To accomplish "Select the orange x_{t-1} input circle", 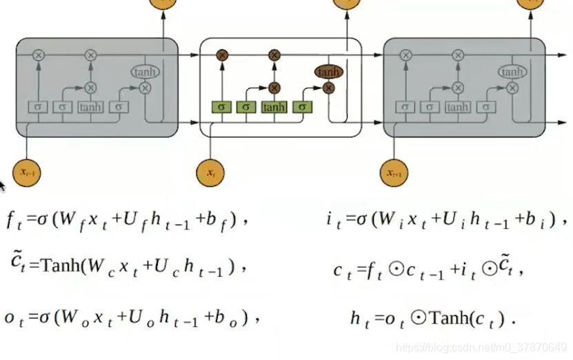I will pyautogui.click(x=27, y=172).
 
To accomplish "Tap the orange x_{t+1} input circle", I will pyautogui.click(x=394, y=172).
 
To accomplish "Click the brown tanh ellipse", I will pyautogui.click(x=329, y=72).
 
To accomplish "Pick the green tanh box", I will pyautogui.click(x=274, y=107).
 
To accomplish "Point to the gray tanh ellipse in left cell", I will pyautogui.click(x=145, y=72).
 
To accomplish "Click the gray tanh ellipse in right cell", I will pyautogui.click(x=512, y=72).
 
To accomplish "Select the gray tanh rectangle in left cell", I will pyautogui.click(x=90, y=107).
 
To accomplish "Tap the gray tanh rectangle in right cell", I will pyautogui.click(x=457, y=107).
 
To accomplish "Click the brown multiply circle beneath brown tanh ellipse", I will pyautogui.click(x=329, y=88).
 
